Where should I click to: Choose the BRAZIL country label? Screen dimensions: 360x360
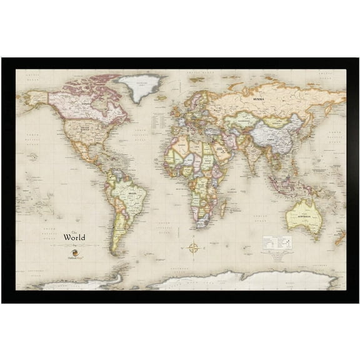pos(132,194)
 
